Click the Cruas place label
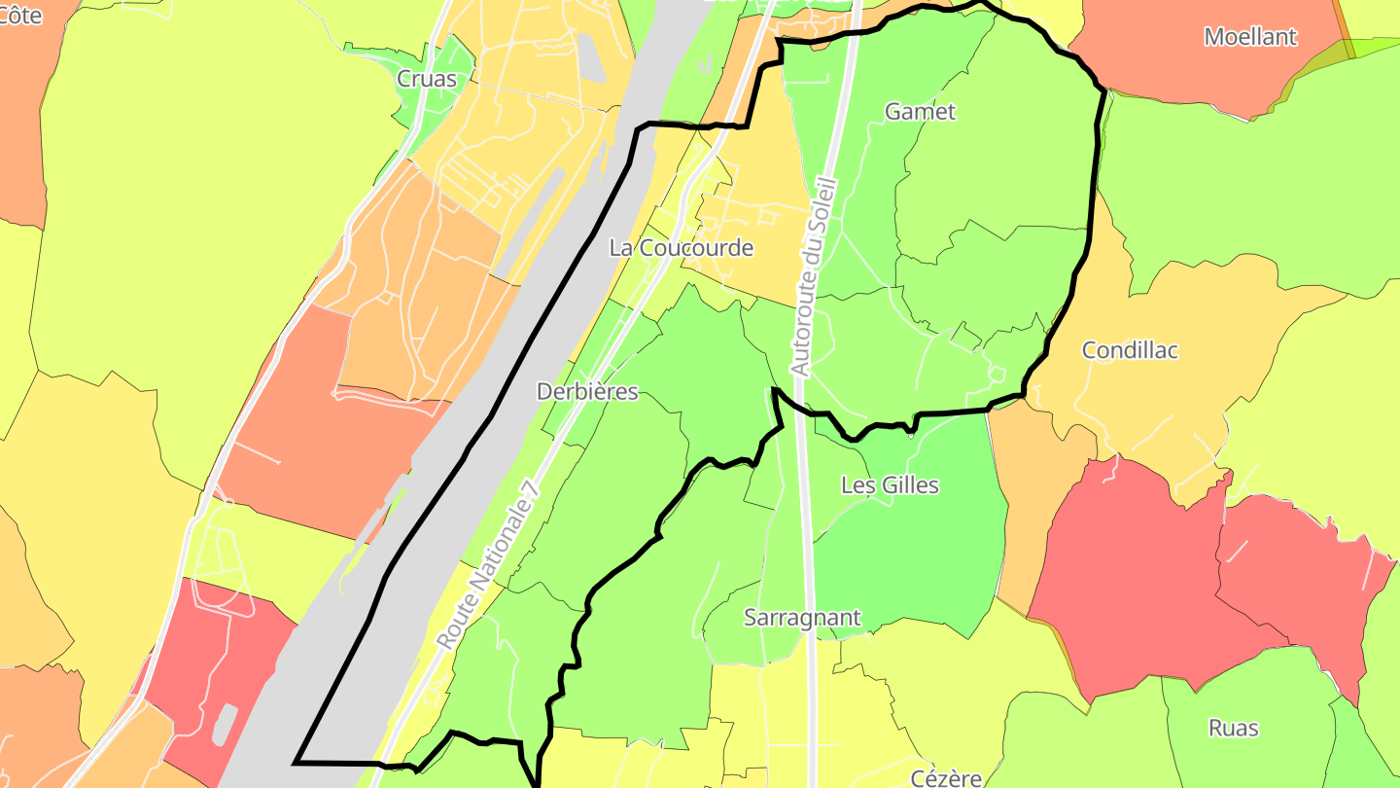(x=427, y=80)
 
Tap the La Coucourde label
(x=681, y=248)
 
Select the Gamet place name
(x=920, y=112)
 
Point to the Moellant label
(x=1250, y=37)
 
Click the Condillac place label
(x=1130, y=350)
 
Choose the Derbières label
(x=587, y=392)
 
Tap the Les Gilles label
(x=890, y=484)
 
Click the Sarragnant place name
(x=802, y=618)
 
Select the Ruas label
(x=1233, y=728)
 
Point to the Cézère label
(x=946, y=777)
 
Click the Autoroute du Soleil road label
(x=814, y=275)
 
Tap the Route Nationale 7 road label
(x=488, y=563)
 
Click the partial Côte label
(x=21, y=16)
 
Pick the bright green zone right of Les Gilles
(x=933, y=564)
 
